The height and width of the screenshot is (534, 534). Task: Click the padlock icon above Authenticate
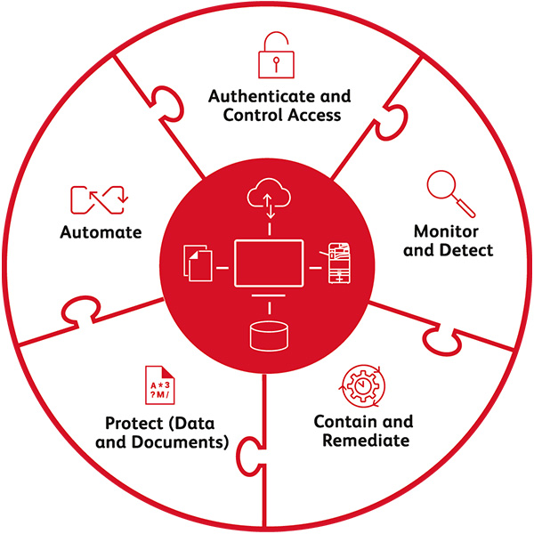(x=274, y=55)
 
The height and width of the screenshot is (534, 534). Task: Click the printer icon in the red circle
(x=341, y=263)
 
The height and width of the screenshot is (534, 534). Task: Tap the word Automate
(x=101, y=233)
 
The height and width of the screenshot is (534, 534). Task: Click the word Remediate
(x=362, y=441)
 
